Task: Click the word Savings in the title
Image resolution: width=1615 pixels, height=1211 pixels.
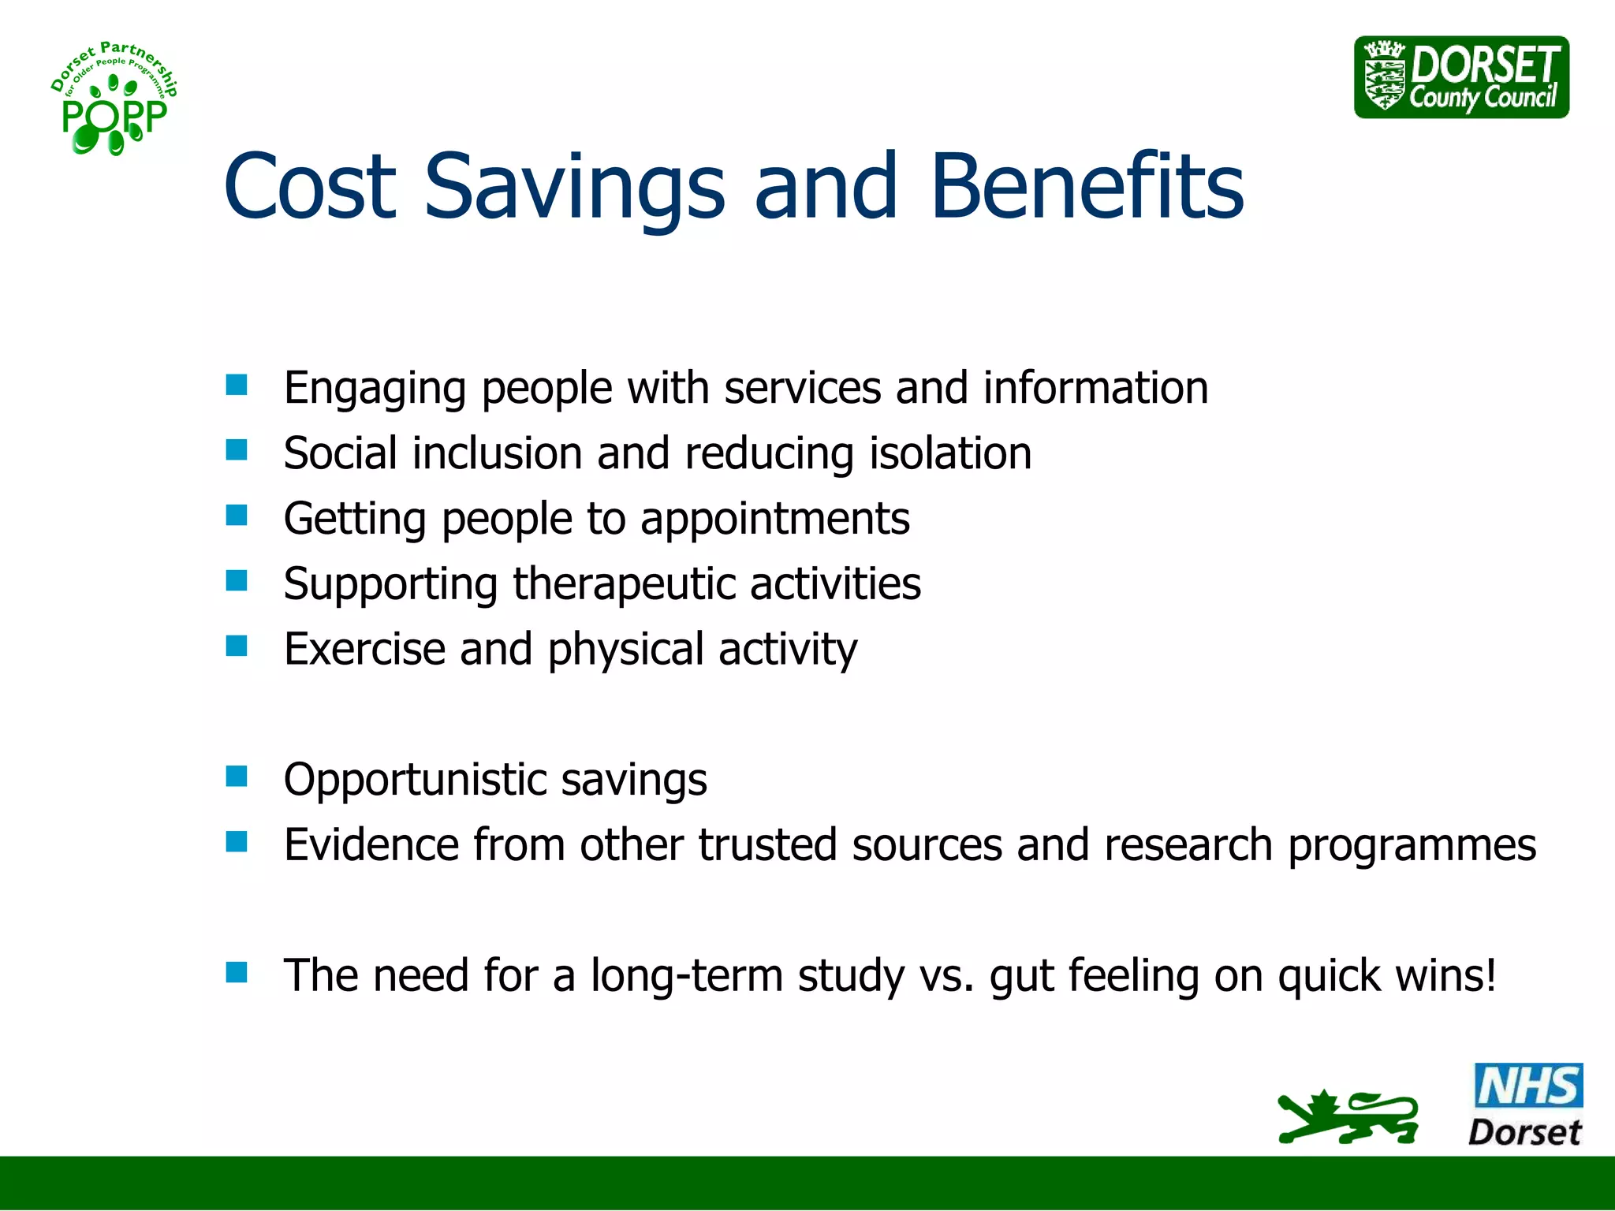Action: click(x=574, y=188)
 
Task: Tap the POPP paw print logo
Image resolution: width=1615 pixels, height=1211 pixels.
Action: click(x=114, y=99)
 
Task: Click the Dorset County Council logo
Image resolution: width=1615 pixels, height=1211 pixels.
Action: click(x=1461, y=77)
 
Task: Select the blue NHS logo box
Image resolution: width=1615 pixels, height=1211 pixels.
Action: click(x=1527, y=1085)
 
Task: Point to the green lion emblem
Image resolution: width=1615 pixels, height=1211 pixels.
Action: click(x=1348, y=1117)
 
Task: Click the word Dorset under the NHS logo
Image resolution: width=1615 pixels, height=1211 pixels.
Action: click(x=1524, y=1132)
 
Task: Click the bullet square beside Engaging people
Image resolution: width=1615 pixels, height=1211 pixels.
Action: click(x=237, y=385)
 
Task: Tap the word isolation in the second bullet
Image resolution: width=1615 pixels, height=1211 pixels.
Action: click(x=950, y=453)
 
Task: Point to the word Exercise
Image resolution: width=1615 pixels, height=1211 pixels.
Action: click(x=364, y=649)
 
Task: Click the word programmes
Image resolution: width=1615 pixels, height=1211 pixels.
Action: click(x=1412, y=845)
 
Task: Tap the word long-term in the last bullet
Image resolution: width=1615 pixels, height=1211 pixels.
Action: click(x=686, y=976)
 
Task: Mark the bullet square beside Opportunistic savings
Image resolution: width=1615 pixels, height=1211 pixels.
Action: click(x=237, y=777)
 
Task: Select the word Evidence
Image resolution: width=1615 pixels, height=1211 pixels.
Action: click(x=371, y=845)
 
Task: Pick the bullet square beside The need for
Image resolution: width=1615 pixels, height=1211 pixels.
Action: click(x=237, y=972)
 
